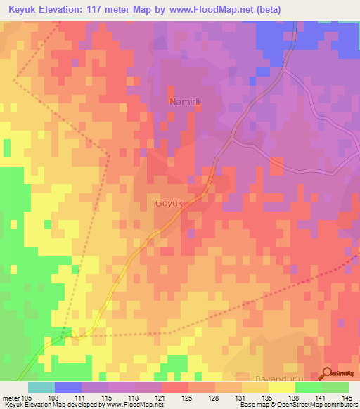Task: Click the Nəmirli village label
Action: point(186,101)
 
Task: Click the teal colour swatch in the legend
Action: point(41,387)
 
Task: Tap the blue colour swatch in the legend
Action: point(68,387)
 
